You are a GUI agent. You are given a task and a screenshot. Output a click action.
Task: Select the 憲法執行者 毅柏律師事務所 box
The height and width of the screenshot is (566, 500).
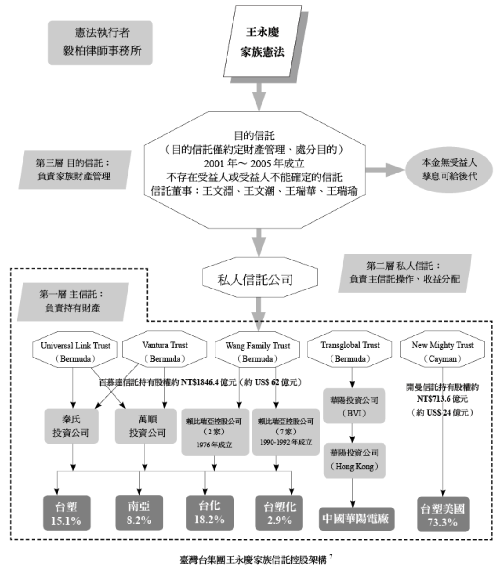(101, 42)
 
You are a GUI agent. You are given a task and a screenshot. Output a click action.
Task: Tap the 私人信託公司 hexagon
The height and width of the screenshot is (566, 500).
(255, 279)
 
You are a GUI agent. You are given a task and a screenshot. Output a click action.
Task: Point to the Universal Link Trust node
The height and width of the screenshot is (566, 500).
(76, 352)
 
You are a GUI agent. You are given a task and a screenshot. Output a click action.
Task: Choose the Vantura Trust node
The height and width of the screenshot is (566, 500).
(165, 352)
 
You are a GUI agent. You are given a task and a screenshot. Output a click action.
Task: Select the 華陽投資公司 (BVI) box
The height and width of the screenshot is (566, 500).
(354, 406)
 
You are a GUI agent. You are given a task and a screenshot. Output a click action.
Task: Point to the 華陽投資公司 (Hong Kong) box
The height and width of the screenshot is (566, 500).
(354, 460)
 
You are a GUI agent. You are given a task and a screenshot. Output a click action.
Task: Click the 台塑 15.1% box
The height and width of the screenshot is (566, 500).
(66, 513)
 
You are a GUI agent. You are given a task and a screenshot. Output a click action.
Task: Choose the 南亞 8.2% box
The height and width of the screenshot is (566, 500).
(139, 513)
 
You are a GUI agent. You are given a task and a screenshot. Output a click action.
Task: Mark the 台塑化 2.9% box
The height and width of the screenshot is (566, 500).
(279, 513)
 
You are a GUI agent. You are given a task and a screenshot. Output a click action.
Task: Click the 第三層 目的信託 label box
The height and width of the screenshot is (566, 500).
(74, 170)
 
